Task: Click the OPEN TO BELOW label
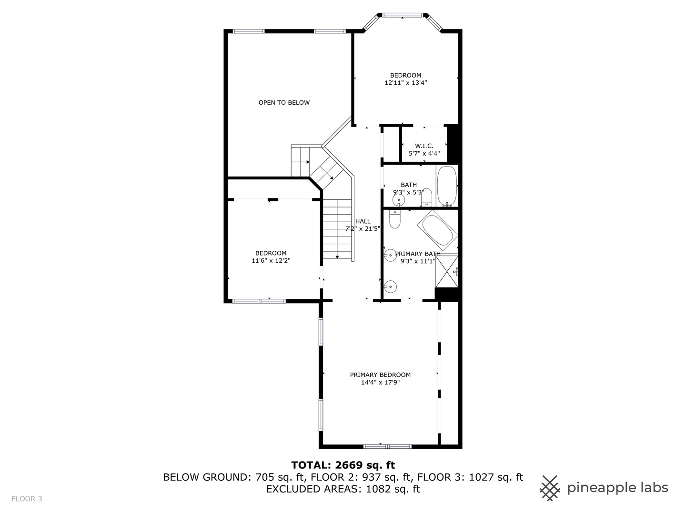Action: click(x=284, y=102)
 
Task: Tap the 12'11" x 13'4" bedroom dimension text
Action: click(x=405, y=83)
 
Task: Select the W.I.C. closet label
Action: click(x=424, y=146)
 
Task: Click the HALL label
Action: click(x=363, y=221)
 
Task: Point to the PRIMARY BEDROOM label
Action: click(x=380, y=375)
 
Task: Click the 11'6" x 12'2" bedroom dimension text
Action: click(x=271, y=260)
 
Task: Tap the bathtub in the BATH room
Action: click(x=447, y=186)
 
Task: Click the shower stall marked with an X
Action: click(x=447, y=271)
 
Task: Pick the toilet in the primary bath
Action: click(x=395, y=219)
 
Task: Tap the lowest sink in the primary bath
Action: click(x=390, y=287)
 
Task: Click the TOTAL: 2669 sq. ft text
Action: click(x=343, y=465)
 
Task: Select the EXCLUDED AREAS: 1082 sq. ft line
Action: click(x=343, y=489)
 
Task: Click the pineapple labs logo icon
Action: click(x=550, y=488)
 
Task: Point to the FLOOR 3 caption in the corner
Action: click(x=27, y=499)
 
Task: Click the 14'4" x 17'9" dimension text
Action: click(x=380, y=382)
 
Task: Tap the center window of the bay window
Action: click(x=403, y=15)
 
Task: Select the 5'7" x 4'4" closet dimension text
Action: click(x=424, y=153)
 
